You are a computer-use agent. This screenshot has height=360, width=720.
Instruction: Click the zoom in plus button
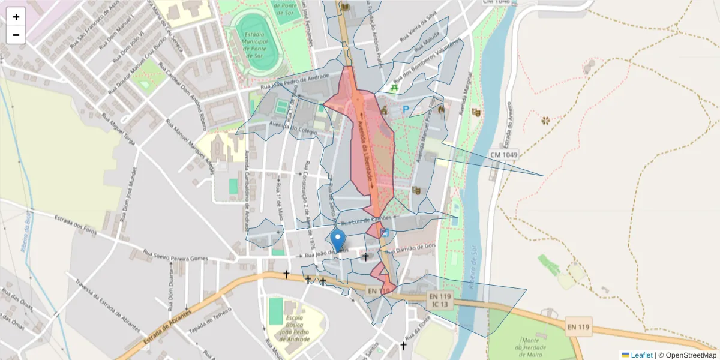(x=16, y=17)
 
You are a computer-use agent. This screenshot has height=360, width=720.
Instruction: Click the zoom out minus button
(x=16, y=35)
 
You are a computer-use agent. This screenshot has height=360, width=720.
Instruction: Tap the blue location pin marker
(x=338, y=240)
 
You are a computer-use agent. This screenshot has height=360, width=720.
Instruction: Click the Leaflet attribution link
(x=641, y=355)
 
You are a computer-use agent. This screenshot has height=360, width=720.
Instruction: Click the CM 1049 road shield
(x=503, y=155)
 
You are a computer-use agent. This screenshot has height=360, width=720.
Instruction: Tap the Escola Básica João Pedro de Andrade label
(x=290, y=327)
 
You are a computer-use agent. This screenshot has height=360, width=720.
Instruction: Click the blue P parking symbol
(x=406, y=110)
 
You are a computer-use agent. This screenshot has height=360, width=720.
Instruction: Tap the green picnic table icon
(x=394, y=88)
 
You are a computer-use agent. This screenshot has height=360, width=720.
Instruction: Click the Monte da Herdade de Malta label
(x=530, y=343)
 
